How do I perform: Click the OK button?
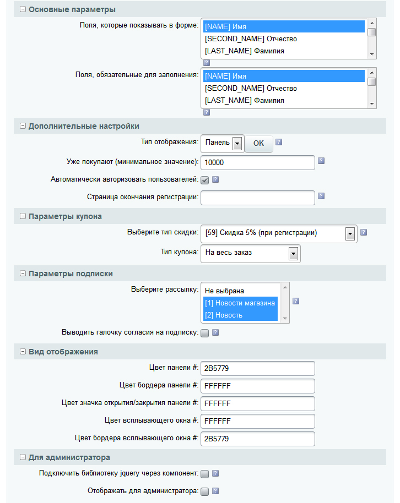(x=258, y=143)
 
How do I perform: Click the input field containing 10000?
(x=257, y=162)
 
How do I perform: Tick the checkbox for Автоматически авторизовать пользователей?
(x=204, y=179)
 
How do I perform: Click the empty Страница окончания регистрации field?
(x=257, y=197)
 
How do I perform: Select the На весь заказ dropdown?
(x=251, y=253)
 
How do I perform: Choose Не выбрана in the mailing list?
(x=224, y=291)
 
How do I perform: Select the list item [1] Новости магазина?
(x=240, y=303)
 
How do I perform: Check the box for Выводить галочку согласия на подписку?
(x=204, y=332)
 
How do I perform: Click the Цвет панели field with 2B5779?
(x=257, y=368)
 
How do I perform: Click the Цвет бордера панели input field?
(x=257, y=386)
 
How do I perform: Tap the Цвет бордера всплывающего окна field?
(x=257, y=439)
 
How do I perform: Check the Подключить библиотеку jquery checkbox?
(x=204, y=473)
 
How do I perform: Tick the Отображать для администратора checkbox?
(x=204, y=491)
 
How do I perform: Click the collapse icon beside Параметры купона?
(x=23, y=217)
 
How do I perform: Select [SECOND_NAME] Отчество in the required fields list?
(x=251, y=89)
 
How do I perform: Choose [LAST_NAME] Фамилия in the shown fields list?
(x=244, y=51)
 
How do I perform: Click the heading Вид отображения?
(x=63, y=352)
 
